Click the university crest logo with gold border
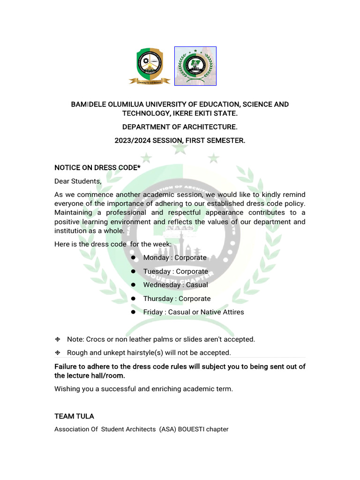[146, 66]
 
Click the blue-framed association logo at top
[195, 66]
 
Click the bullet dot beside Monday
[133, 257]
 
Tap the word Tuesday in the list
[157, 271]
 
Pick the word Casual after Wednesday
[197, 285]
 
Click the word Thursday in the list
[158, 299]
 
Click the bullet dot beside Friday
[133, 312]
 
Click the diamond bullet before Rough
[58, 352]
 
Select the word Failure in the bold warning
[67, 367]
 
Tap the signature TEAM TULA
[74, 416]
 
